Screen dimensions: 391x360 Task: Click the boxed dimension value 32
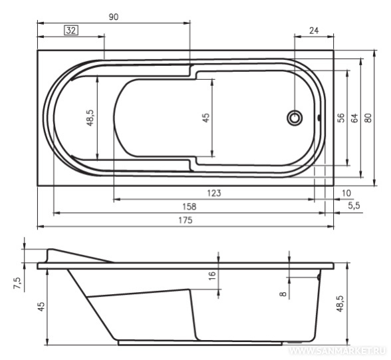click(x=71, y=31)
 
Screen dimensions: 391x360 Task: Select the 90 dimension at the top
click(x=114, y=17)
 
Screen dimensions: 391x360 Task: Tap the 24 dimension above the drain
click(x=314, y=31)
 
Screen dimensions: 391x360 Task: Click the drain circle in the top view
click(x=295, y=118)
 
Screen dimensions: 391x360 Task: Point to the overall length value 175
click(x=186, y=220)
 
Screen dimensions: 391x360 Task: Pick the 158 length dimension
click(x=190, y=206)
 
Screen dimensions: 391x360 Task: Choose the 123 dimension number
click(x=214, y=193)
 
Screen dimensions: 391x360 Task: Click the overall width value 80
click(x=368, y=118)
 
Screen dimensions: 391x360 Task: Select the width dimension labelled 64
click(x=354, y=118)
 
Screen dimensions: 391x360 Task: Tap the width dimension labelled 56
click(x=341, y=118)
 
